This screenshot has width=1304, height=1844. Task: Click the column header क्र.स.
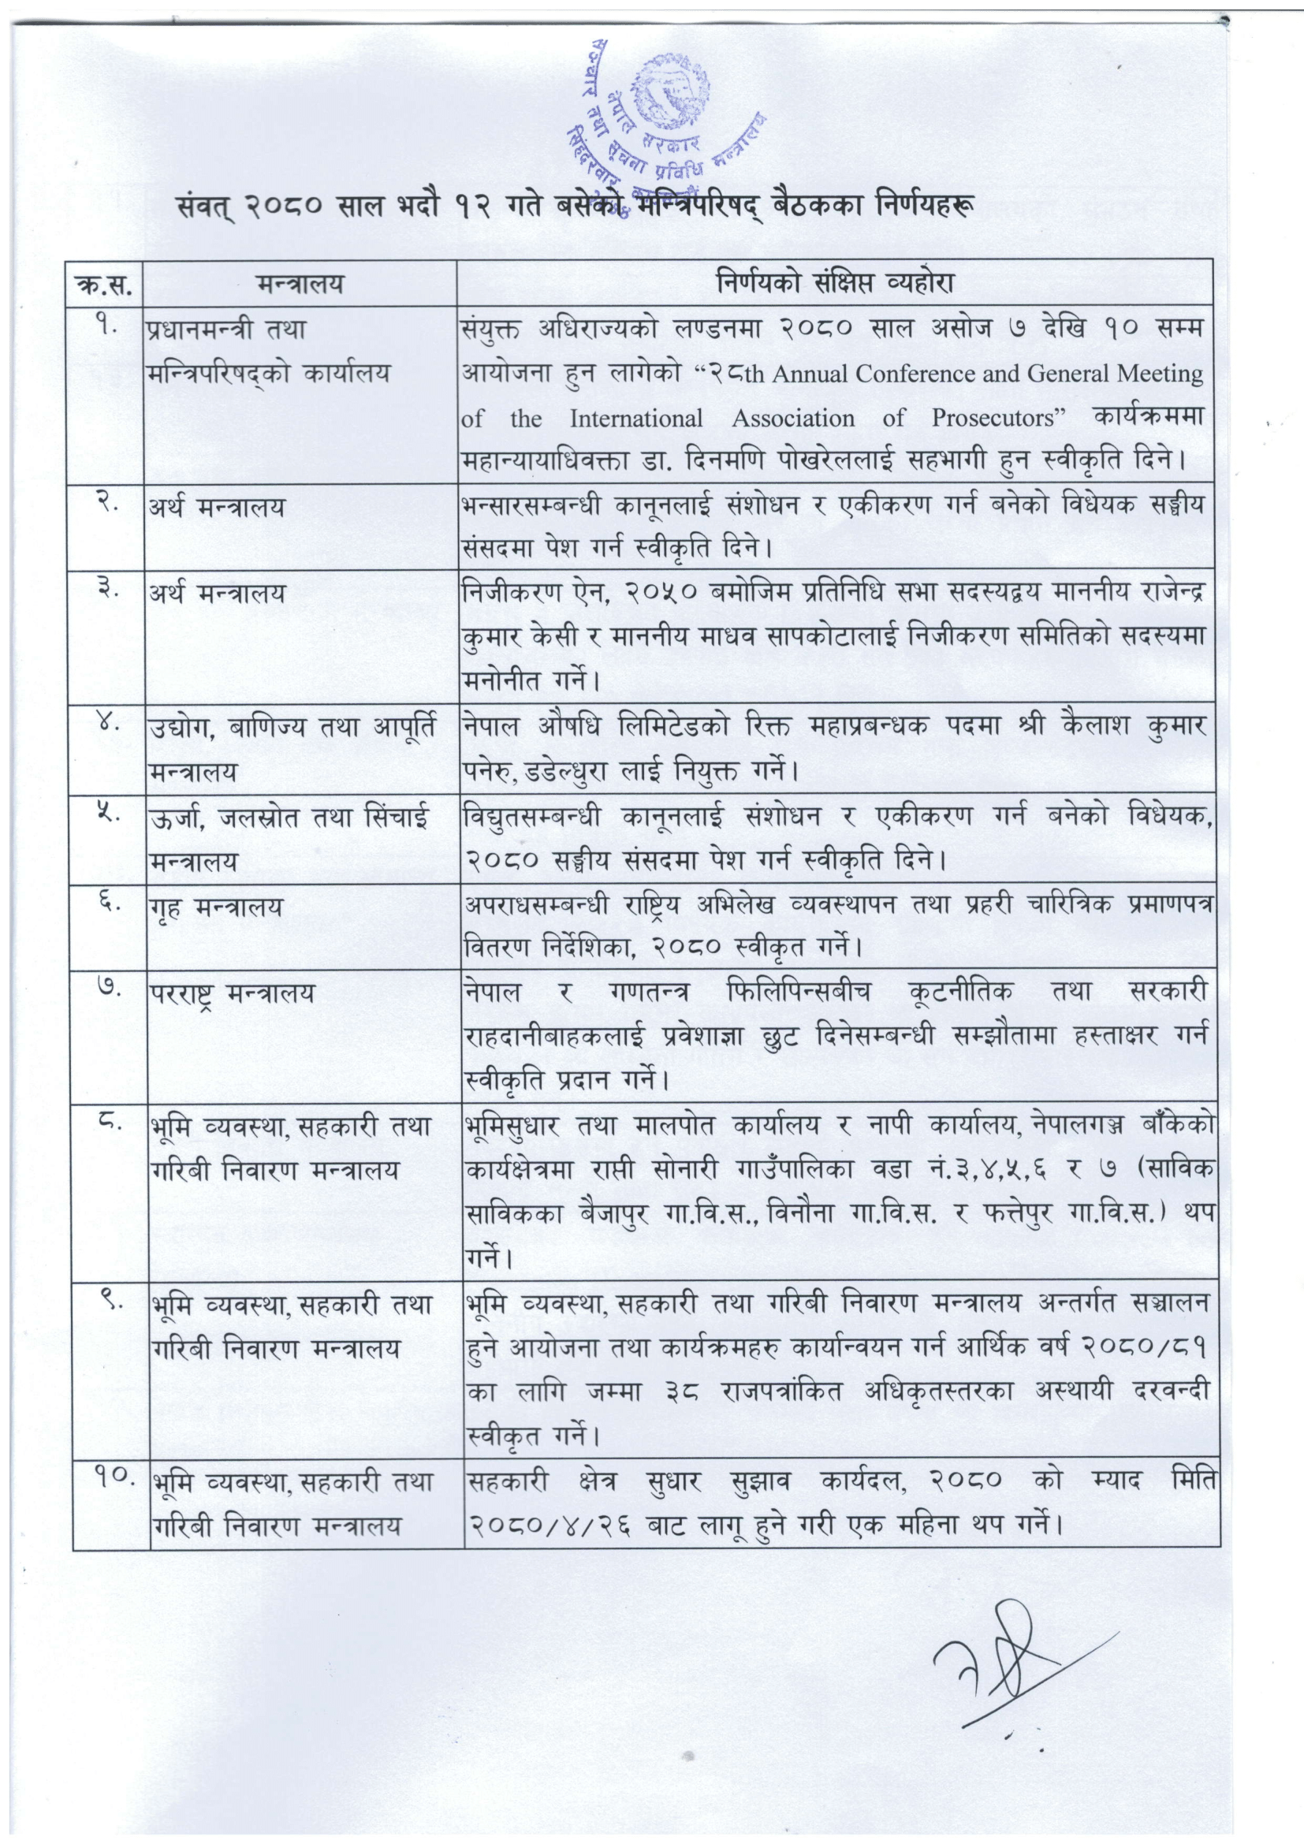tap(106, 283)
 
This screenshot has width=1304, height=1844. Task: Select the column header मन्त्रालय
tap(299, 283)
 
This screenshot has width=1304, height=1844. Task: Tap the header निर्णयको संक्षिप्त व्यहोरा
tap(835, 283)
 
